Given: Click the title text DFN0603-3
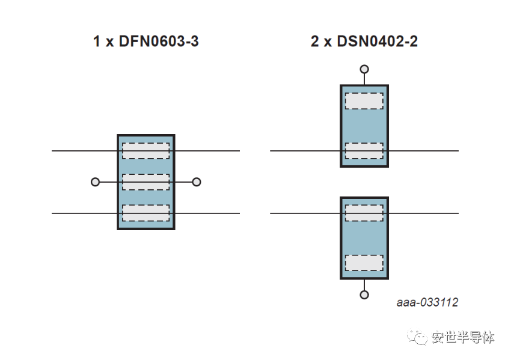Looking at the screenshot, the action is [x=159, y=41].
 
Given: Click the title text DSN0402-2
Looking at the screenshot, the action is [x=377, y=41].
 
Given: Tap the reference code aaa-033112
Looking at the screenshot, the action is [x=427, y=302].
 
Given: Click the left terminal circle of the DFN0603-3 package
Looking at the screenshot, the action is [x=95, y=182].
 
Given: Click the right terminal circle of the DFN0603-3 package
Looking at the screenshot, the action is [x=197, y=182].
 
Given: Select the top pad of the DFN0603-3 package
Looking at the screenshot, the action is [x=145, y=151].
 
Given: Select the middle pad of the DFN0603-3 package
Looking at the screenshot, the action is [x=145, y=182].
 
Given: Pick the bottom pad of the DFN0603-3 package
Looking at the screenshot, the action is [x=145, y=213].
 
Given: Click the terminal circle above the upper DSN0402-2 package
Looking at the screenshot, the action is [x=364, y=69].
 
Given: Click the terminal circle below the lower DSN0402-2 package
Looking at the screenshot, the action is [x=364, y=295].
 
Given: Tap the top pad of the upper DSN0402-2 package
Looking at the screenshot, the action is [x=364, y=101].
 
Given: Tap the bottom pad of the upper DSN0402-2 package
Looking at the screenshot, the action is [x=364, y=151].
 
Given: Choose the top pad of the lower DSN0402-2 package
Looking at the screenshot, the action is [x=364, y=213].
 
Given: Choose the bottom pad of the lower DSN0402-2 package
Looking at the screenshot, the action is [x=364, y=263].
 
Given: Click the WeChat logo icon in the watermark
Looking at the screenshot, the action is [x=417, y=337].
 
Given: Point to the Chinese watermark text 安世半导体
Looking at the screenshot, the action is [x=463, y=337].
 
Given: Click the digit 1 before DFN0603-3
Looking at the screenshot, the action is [x=96, y=41].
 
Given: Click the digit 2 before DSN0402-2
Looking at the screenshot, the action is [x=315, y=41].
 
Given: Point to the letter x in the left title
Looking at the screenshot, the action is [x=109, y=43].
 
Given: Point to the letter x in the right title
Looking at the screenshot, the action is [x=328, y=43].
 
